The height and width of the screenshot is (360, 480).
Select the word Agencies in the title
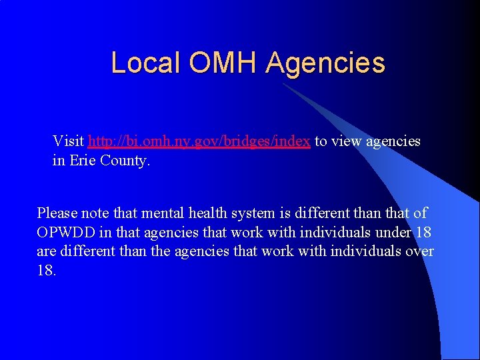point(325,63)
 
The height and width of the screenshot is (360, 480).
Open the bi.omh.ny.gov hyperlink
point(199,141)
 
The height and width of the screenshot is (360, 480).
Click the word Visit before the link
point(68,141)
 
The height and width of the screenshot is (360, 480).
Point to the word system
point(251,214)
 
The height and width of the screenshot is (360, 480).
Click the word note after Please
point(98,213)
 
